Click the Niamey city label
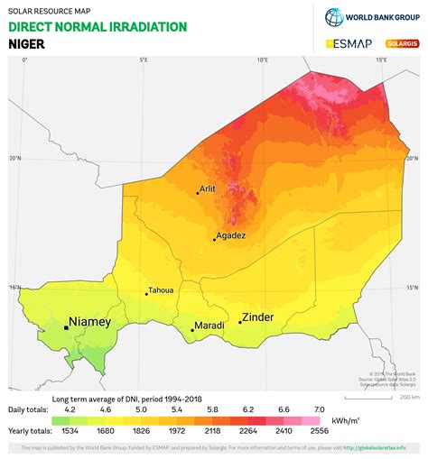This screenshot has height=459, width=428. (x=90, y=321)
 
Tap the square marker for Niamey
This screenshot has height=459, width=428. (x=66, y=327)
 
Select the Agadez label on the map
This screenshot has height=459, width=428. (x=230, y=235)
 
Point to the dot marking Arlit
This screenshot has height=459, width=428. (x=198, y=192)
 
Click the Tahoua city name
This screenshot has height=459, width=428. (x=162, y=290)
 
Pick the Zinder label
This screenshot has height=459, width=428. (x=257, y=317)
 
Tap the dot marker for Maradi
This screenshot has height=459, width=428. (x=192, y=330)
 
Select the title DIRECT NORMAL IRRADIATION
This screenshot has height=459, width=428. (x=98, y=26)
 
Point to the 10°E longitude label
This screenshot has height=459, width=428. (x=262, y=60)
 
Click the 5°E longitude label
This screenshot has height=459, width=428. (x=144, y=60)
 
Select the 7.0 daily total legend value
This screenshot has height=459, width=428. (x=319, y=409)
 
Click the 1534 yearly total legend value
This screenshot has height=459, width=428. (x=60, y=431)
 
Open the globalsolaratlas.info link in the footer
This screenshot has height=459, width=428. (x=384, y=448)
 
